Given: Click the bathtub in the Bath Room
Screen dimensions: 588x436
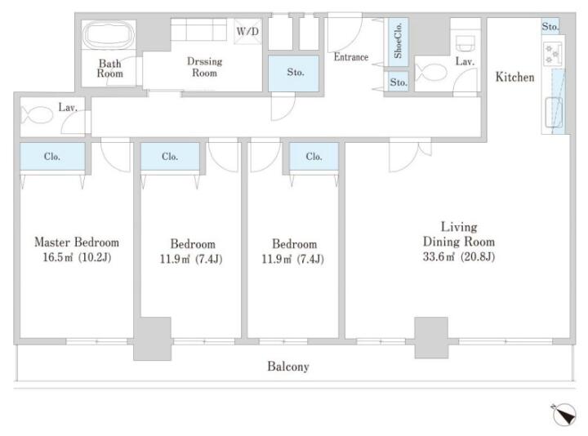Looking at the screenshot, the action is pyautogui.click(x=109, y=35).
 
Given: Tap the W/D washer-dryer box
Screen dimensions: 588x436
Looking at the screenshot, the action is pyautogui.click(x=248, y=32).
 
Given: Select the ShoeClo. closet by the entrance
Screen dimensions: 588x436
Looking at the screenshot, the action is pyautogui.click(x=398, y=42).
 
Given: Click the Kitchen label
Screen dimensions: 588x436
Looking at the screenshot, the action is pyautogui.click(x=514, y=77).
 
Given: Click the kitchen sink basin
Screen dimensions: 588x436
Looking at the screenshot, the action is pyautogui.click(x=554, y=112).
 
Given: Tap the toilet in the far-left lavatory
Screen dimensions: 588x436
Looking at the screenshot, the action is pyautogui.click(x=37, y=115).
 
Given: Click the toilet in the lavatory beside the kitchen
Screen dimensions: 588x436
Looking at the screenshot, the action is pyautogui.click(x=431, y=73).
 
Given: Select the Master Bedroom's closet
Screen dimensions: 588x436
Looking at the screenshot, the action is pyautogui.click(x=52, y=156).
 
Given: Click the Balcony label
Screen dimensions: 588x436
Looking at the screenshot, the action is pyautogui.click(x=288, y=367).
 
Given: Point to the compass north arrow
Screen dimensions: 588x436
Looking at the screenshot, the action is pyautogui.click(x=564, y=415).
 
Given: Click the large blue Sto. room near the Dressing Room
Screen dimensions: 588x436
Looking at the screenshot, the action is pyautogui.click(x=294, y=73).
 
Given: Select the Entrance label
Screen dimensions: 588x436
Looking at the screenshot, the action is pyautogui.click(x=351, y=57).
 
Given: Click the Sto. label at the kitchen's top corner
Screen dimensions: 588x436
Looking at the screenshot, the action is pyautogui.click(x=550, y=27).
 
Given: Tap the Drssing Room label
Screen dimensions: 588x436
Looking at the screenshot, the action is pyautogui.click(x=204, y=67).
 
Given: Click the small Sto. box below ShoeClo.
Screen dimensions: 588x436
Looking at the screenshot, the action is pyautogui.click(x=398, y=82).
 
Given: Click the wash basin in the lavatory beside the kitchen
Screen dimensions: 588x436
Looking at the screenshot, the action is pyautogui.click(x=465, y=43).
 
